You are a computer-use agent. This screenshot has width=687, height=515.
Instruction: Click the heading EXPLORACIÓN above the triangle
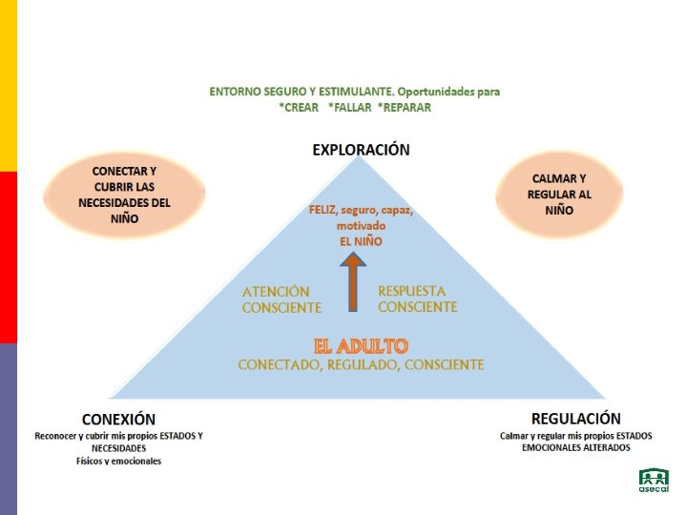(x=361, y=150)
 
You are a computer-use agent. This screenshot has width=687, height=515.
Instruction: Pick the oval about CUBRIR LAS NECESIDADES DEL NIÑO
(x=124, y=195)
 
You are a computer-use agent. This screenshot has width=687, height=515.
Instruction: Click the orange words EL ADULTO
(x=361, y=345)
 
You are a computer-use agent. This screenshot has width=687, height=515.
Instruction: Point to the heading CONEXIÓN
(x=119, y=419)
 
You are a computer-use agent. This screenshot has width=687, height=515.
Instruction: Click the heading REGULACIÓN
(x=575, y=418)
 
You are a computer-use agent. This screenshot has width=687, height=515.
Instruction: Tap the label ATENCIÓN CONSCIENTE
(x=281, y=299)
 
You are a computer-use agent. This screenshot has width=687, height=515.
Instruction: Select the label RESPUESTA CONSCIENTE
(x=417, y=299)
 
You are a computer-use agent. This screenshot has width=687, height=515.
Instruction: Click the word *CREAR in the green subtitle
(x=299, y=108)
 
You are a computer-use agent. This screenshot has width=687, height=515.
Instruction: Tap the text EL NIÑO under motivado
(x=361, y=241)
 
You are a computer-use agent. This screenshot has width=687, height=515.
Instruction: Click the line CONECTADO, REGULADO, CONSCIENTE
(x=361, y=364)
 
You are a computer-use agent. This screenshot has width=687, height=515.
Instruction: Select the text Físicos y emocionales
(x=119, y=461)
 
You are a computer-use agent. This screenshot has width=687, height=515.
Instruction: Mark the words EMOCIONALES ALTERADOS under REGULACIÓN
(x=575, y=447)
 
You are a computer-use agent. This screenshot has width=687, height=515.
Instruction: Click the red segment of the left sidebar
(x=9, y=257)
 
